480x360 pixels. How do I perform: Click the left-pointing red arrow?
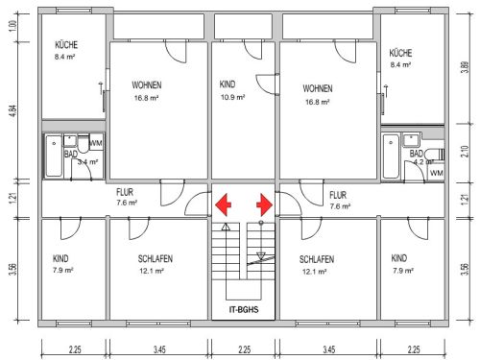(223, 204)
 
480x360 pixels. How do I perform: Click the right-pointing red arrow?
(264, 204)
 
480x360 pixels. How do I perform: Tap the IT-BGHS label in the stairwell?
(244, 309)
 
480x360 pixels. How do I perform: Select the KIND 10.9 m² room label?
(232, 90)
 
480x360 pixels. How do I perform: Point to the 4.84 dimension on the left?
(12, 110)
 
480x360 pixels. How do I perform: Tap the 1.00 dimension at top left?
(12, 26)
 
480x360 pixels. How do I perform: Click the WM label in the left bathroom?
(96, 143)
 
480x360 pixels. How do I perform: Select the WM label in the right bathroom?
(437, 173)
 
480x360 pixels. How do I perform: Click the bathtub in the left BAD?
(54, 156)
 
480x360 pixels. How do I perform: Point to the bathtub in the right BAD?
(391, 156)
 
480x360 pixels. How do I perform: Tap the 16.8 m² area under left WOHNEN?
(146, 98)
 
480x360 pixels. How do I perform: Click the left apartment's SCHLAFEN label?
(156, 258)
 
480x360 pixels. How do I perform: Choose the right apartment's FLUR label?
(338, 195)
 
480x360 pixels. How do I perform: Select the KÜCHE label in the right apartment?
(400, 53)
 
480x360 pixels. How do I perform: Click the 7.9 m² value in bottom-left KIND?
(63, 270)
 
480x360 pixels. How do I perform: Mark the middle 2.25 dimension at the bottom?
(244, 349)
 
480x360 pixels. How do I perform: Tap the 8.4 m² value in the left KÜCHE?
(64, 57)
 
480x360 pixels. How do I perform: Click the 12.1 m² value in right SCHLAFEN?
(315, 272)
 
